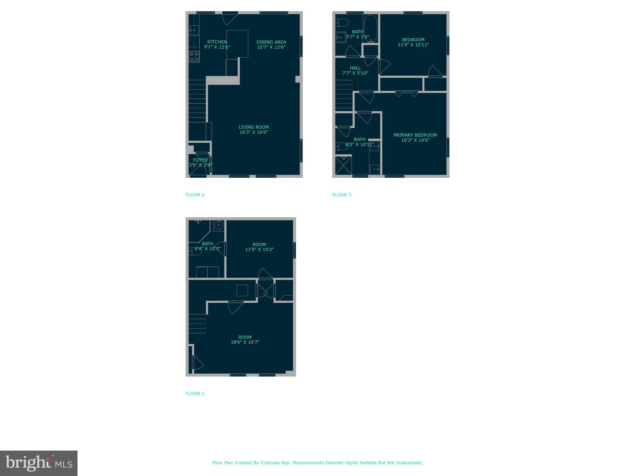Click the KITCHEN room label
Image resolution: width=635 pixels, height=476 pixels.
click(x=217, y=42)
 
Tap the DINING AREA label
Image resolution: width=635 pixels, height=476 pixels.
click(x=271, y=42)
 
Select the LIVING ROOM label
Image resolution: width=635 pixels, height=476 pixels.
click(x=254, y=127)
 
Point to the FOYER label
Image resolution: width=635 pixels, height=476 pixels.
click(x=200, y=160)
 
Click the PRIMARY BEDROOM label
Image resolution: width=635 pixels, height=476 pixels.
click(x=415, y=135)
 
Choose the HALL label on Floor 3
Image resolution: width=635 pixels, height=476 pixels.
click(x=355, y=68)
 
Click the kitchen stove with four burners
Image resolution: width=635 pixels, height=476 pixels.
click(x=194, y=56)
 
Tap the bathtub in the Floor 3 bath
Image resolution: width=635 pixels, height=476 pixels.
click(x=371, y=29)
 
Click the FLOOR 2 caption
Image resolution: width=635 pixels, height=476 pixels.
click(x=195, y=195)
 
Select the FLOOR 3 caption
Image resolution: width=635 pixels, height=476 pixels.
click(x=341, y=195)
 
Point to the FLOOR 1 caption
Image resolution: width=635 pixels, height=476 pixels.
click(x=195, y=394)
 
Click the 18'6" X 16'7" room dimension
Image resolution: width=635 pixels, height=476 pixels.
click(x=245, y=342)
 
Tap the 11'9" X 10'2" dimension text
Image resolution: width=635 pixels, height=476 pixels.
click(x=259, y=249)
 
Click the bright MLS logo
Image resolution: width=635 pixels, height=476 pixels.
click(x=39, y=463)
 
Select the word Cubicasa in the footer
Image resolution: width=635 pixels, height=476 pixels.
click(x=268, y=463)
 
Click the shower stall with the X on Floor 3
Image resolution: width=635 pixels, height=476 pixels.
click(x=344, y=165)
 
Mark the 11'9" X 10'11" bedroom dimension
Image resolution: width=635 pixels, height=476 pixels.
click(x=413, y=45)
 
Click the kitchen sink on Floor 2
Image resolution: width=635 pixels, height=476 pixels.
click(x=194, y=30)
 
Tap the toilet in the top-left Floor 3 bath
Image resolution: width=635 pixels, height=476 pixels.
click(x=342, y=23)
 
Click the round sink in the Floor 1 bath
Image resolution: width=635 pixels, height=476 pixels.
click(x=219, y=225)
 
